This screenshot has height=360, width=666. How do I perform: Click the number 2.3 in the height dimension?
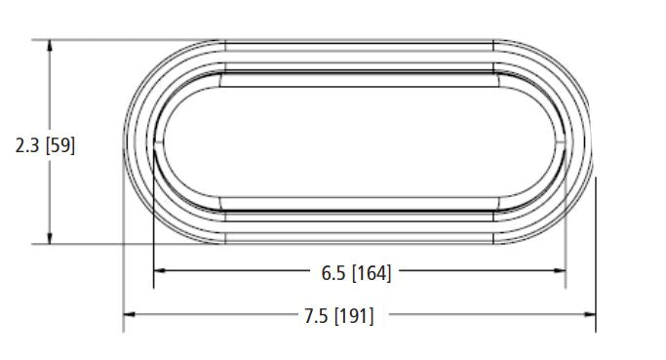[x=27, y=145]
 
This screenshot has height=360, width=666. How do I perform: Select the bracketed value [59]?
[x=60, y=145]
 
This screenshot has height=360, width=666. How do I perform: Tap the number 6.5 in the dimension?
[x=333, y=273]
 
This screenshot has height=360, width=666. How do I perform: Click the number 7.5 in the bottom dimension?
[x=316, y=316]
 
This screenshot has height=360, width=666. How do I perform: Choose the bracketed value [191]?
[x=355, y=316]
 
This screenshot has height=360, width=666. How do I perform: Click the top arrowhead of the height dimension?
[x=50, y=46]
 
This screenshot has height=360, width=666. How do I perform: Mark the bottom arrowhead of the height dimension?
[x=50, y=238]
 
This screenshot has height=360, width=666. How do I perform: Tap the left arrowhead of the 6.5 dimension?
[x=159, y=270]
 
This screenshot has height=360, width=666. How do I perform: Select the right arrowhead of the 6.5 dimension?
[x=560, y=270]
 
